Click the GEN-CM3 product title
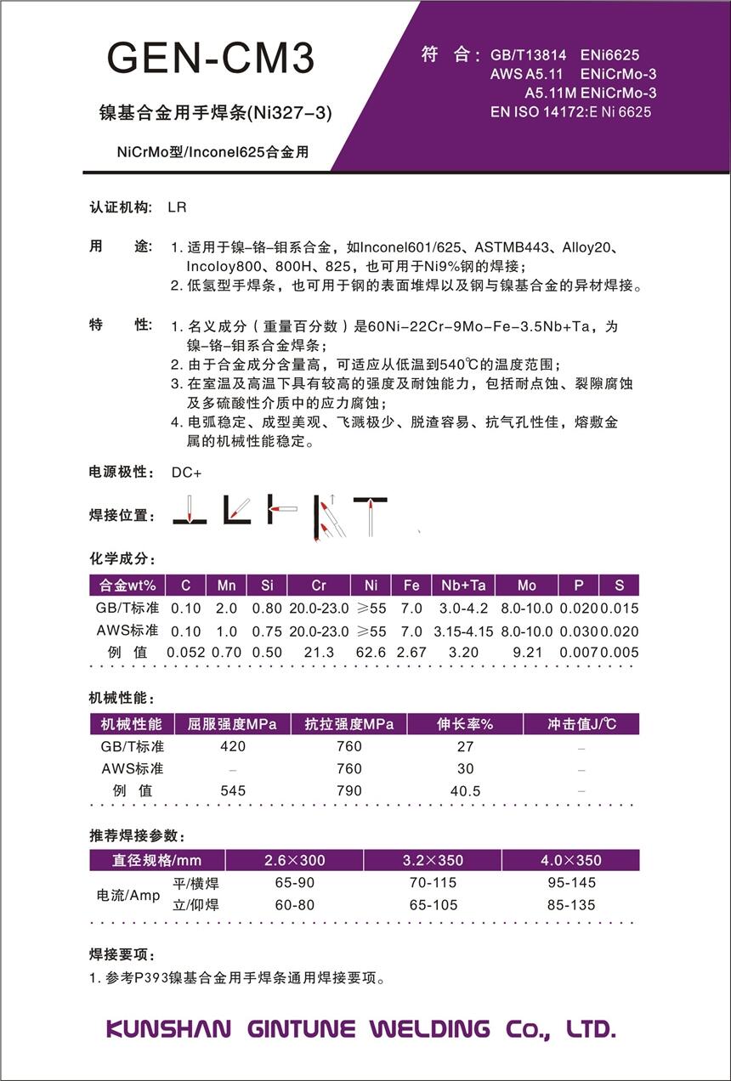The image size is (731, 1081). tap(211, 58)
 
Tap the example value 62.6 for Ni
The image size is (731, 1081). tap(371, 653)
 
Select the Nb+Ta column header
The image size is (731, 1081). tap(463, 586)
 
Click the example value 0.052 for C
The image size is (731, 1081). tap(185, 653)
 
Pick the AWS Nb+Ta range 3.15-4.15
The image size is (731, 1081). tap(463, 631)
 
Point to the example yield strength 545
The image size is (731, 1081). tap(232, 790)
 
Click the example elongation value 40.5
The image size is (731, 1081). tap(465, 790)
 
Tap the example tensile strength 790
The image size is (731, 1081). tap(348, 790)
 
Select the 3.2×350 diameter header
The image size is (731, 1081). tap(433, 860)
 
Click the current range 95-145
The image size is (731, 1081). tap(571, 883)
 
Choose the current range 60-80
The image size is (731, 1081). tap(295, 905)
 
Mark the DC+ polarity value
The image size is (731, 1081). tap(187, 473)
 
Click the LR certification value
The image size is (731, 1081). tap(177, 207)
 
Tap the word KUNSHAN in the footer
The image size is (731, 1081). tap(168, 1029)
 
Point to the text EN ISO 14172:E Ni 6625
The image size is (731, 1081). tap(570, 112)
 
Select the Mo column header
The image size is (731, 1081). tap(526, 586)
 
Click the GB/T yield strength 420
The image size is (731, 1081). tap(232, 746)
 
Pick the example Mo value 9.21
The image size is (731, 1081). tap(526, 653)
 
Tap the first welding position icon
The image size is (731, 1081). tap(190, 510)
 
